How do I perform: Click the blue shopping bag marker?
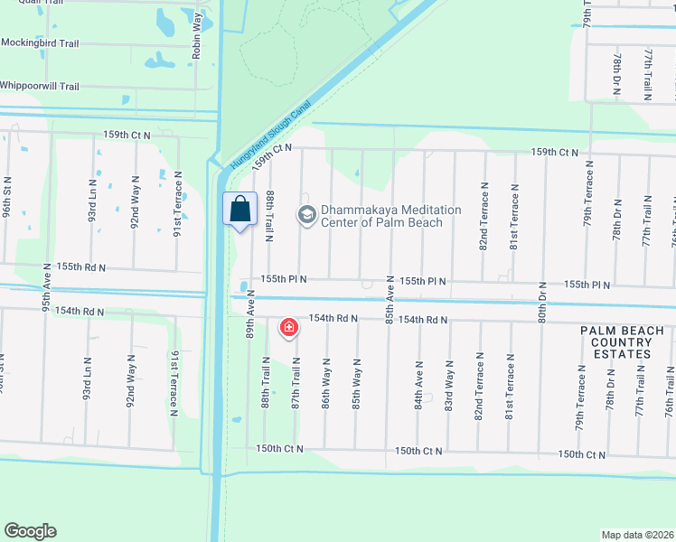click(239, 210)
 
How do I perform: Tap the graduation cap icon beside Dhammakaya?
click(305, 215)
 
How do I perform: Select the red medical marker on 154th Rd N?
click(289, 327)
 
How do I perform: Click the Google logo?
click(30, 531)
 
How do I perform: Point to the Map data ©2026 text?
click(637, 535)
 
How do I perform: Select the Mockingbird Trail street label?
click(40, 42)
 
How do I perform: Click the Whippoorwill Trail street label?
click(40, 87)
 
